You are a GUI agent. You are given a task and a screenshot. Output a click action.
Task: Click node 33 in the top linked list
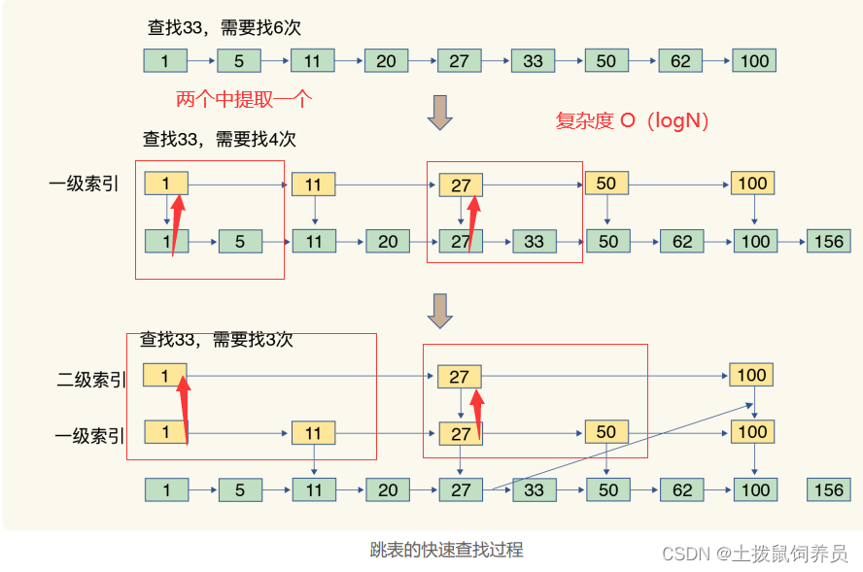click(533, 61)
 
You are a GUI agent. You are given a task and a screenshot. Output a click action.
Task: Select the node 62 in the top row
click(680, 61)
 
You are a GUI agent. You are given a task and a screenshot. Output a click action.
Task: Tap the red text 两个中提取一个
click(244, 99)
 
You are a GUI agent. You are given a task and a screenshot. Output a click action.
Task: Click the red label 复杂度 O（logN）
click(632, 120)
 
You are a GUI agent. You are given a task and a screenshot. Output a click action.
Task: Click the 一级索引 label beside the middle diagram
click(84, 184)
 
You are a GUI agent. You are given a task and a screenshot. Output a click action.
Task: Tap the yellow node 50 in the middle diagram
click(606, 184)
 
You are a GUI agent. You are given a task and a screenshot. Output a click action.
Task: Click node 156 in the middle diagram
click(828, 241)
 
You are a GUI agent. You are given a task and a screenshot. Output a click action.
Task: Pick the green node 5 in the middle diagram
click(240, 241)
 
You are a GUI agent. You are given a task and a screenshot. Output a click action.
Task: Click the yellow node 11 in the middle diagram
click(313, 185)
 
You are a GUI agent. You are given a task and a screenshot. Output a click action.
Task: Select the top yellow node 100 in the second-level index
click(752, 375)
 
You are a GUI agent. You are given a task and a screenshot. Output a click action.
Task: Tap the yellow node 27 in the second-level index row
click(460, 377)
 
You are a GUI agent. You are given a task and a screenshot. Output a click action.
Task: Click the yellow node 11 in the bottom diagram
click(313, 433)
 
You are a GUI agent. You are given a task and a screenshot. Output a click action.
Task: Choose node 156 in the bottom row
click(828, 489)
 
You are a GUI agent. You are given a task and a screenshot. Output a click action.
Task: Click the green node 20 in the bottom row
click(388, 489)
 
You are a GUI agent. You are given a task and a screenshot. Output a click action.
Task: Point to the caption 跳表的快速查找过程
click(446, 550)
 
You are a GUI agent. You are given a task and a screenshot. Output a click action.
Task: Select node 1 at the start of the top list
click(165, 61)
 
